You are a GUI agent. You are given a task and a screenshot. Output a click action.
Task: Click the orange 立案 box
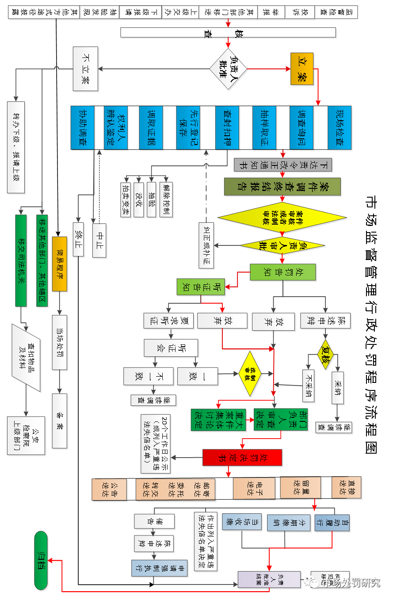302,69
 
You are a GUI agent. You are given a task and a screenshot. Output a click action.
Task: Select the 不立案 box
85,69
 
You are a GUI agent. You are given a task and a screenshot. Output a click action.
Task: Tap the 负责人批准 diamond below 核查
228,69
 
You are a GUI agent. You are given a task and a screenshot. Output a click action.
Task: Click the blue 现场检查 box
340,127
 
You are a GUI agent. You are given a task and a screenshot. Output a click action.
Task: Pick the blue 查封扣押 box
228,127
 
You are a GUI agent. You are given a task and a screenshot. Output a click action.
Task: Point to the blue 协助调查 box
83,127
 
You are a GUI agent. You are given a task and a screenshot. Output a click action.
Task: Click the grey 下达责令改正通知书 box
283,165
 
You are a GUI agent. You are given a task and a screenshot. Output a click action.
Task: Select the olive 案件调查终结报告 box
282,187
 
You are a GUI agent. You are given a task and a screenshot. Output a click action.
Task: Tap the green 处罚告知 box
283,272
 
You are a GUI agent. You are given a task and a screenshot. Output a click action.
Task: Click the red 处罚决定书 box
242,458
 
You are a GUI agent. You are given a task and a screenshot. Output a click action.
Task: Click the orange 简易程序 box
60,264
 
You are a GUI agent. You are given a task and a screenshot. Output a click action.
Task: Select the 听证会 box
171,348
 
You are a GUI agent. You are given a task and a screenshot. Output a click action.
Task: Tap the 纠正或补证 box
206,246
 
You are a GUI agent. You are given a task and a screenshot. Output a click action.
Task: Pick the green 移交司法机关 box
21,261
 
